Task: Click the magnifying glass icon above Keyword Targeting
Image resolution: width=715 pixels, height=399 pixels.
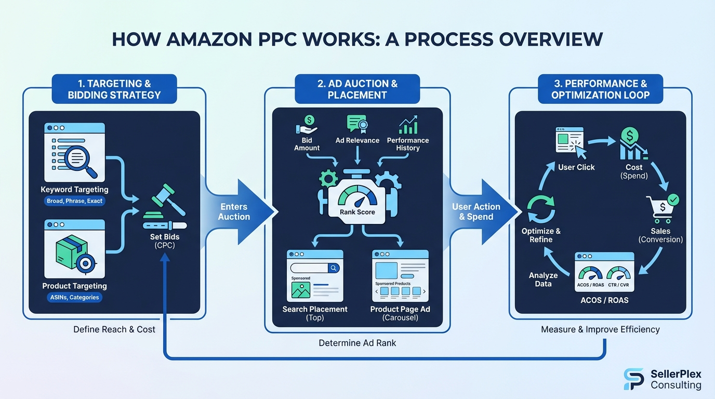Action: click(x=84, y=159)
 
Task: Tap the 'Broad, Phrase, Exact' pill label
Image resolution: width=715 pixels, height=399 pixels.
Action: click(x=74, y=201)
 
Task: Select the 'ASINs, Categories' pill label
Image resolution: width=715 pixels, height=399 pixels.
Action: click(x=74, y=298)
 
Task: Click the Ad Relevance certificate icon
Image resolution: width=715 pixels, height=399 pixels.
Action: click(x=357, y=125)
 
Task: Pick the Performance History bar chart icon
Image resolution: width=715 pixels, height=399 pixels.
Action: click(x=408, y=125)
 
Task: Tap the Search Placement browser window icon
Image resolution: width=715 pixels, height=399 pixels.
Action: click(x=315, y=275)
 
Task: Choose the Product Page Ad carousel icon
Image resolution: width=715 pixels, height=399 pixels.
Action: click(x=400, y=275)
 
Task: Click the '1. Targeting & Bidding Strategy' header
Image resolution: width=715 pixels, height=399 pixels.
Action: click(x=114, y=89)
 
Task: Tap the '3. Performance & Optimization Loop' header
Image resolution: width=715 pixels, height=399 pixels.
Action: click(x=601, y=89)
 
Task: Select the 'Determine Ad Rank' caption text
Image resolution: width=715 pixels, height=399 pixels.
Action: click(x=357, y=343)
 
